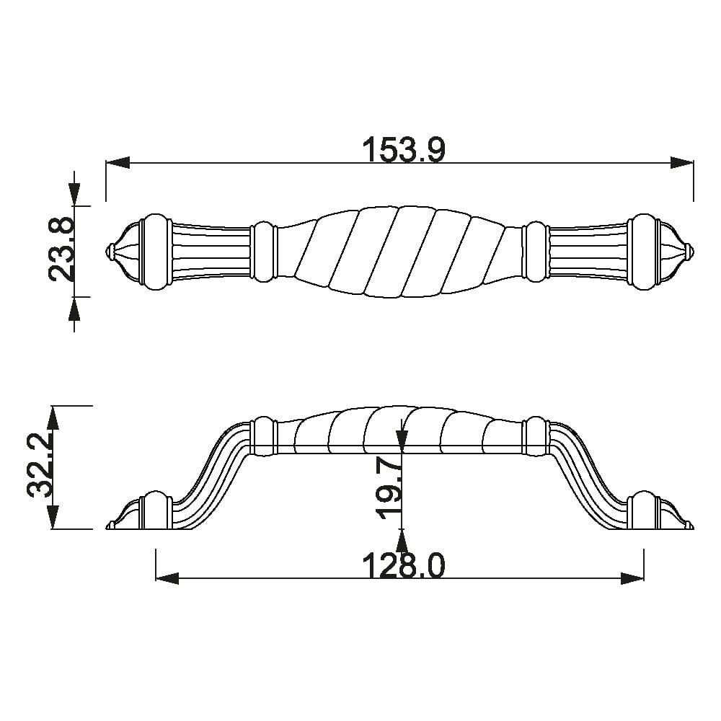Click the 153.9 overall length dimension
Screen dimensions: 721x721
point(404,151)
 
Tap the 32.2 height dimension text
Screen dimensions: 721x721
point(40,467)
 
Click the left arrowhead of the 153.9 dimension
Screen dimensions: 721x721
point(118,163)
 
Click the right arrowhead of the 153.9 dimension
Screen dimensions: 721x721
point(681,163)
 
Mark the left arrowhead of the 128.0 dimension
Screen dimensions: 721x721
point(168,578)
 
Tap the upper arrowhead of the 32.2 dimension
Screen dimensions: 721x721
point(53,418)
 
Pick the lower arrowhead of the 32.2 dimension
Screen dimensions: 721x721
point(53,517)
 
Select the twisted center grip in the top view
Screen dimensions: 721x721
point(400,252)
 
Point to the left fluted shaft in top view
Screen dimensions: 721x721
point(211,252)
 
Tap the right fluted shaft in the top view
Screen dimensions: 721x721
point(588,252)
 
